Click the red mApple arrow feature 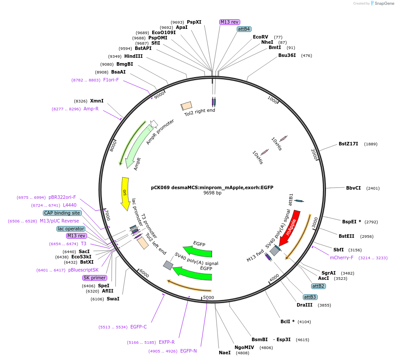290,228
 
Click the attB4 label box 244,29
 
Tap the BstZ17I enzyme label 348,144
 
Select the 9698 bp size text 212,193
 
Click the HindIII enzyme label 133,56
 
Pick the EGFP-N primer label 189,351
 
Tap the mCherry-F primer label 342,258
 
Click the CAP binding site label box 62,213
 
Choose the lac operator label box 71,229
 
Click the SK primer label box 95,278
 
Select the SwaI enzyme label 113,299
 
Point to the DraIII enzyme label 305,305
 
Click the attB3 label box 310,297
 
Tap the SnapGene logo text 382,4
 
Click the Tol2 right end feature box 187,106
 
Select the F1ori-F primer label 111,80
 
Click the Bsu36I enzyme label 287,55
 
